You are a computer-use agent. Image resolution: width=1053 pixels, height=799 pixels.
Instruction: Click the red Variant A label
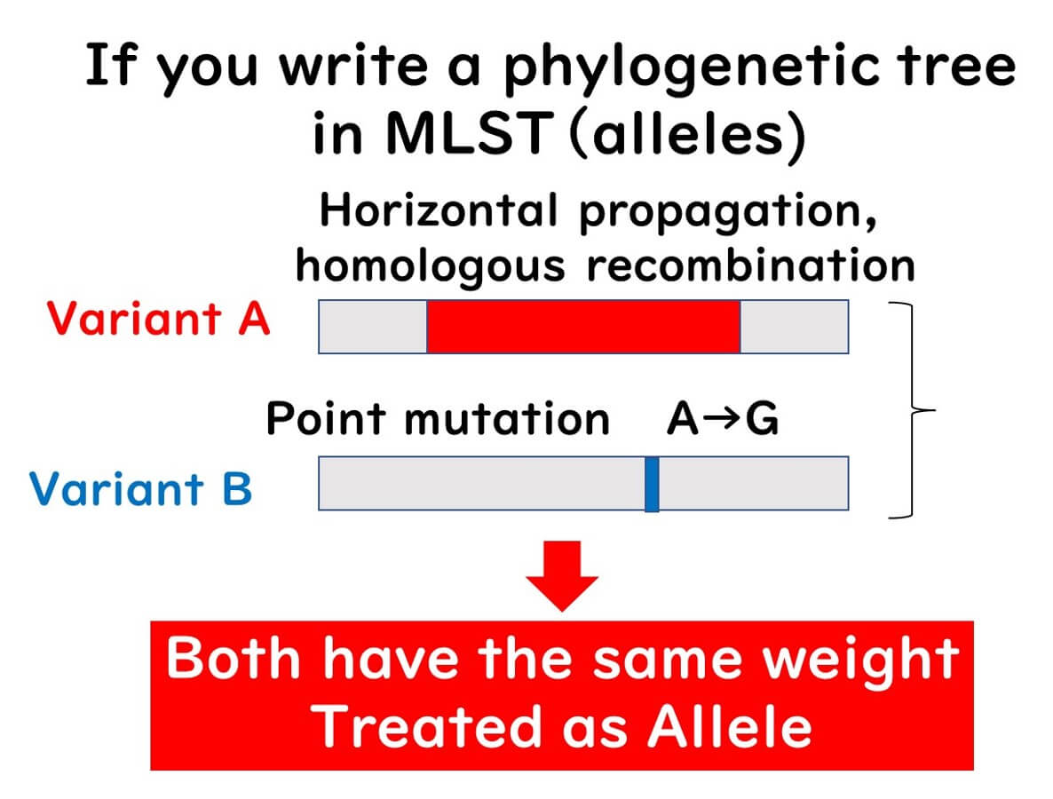158,319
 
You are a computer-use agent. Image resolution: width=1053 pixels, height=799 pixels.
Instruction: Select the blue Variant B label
140,488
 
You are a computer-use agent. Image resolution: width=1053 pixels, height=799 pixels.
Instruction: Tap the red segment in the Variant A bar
582,326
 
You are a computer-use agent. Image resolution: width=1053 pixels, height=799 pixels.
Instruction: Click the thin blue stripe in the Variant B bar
651,483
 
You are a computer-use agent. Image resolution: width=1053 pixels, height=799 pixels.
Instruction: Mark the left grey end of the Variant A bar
373,326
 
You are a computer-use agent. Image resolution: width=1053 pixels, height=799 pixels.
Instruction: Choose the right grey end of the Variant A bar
794,326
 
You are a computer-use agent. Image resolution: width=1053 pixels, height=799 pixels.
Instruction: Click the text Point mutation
438,418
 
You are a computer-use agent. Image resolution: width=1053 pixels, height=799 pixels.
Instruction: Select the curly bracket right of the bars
911,408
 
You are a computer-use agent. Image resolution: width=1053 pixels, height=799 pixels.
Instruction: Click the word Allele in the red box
728,726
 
